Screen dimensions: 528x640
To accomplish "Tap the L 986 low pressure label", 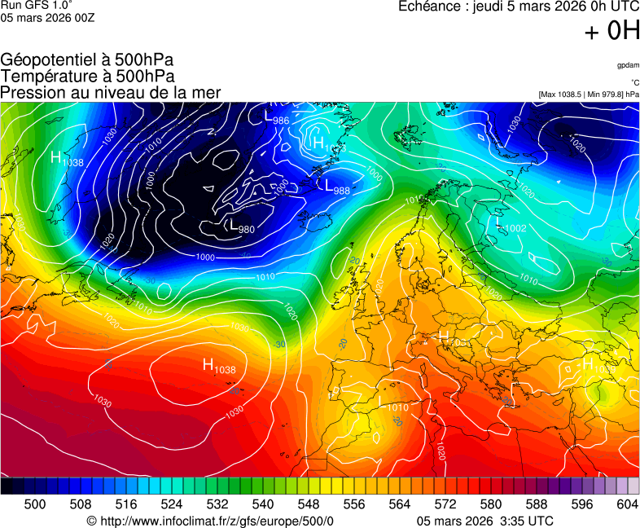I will click(276, 117).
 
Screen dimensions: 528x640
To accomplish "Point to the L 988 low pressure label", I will click(336, 187).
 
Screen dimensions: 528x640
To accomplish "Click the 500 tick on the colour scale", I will click(35, 504).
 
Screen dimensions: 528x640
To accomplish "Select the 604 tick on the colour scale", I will click(627, 504).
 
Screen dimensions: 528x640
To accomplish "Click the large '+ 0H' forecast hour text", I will click(612, 31).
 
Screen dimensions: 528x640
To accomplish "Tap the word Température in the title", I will click(50, 76).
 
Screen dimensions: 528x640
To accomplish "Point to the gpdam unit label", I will click(627, 65).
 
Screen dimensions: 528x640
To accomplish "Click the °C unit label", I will click(634, 82).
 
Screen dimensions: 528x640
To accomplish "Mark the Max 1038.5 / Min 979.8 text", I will click(588, 95).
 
